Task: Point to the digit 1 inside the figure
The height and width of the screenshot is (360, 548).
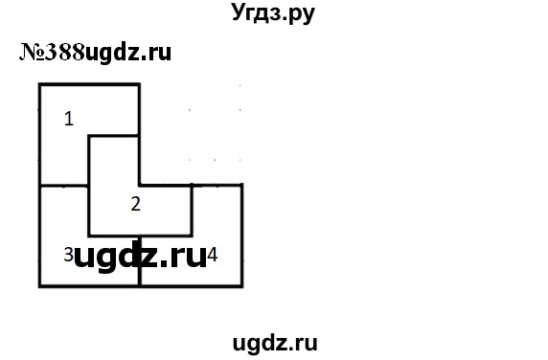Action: (x=68, y=119)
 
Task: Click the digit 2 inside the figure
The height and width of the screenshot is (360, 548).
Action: (x=136, y=203)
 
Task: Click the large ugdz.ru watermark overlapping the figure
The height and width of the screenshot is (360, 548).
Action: (x=139, y=257)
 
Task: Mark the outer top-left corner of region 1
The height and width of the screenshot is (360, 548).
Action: (x=40, y=85)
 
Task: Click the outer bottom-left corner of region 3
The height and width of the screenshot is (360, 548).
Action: (x=40, y=285)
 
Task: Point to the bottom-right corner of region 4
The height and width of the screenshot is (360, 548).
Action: (x=240, y=285)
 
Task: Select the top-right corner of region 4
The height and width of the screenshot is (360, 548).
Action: (x=240, y=185)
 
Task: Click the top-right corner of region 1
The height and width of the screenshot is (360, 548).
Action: (x=140, y=85)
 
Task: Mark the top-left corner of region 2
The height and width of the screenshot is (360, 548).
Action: (x=89, y=136)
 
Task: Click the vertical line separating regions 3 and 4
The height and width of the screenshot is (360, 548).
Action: (x=140, y=260)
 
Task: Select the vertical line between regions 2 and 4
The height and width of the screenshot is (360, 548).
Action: (x=192, y=211)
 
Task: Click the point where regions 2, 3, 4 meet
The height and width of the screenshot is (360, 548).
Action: (x=140, y=236)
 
